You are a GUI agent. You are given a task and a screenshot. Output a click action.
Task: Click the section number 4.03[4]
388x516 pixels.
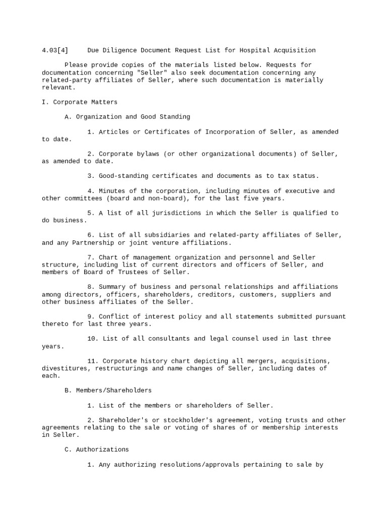click(55, 50)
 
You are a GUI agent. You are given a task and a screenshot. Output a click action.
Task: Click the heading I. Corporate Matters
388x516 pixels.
click(80, 102)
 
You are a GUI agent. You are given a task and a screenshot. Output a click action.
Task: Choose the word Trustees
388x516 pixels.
click(135, 272)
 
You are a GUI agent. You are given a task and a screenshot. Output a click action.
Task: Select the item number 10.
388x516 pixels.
click(93, 339)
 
